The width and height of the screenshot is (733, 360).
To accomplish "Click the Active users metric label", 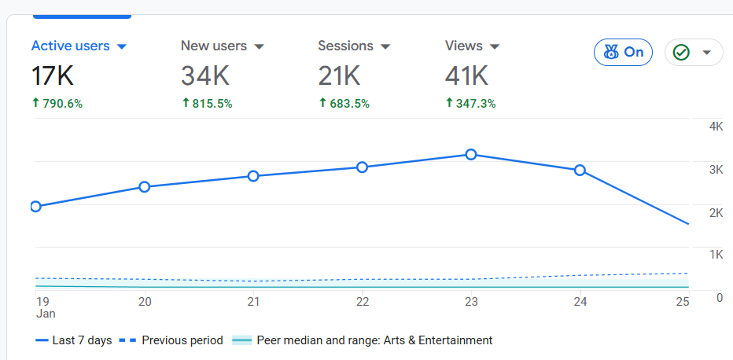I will pyautogui.click(x=70, y=46).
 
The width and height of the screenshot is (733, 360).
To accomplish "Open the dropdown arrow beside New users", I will pyautogui.click(x=259, y=46).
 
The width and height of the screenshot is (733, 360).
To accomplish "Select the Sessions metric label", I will pyautogui.click(x=345, y=46).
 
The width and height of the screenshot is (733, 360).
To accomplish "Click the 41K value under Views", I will pyautogui.click(x=466, y=76).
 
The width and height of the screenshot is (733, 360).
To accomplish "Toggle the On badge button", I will pyautogui.click(x=623, y=53).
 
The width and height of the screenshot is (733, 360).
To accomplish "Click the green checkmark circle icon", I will pyautogui.click(x=681, y=53).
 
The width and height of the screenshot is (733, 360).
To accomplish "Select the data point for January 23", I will pyautogui.click(x=471, y=155).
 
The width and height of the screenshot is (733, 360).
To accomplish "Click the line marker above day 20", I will pyautogui.click(x=145, y=187).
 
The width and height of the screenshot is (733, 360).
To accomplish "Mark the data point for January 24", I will pyautogui.click(x=580, y=170).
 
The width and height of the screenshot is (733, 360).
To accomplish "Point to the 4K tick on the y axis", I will pyautogui.click(x=716, y=127).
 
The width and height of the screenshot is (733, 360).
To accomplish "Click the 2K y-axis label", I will pyautogui.click(x=716, y=212).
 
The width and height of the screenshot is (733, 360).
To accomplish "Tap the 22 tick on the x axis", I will pyautogui.click(x=363, y=302).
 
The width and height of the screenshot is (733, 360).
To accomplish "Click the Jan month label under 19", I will pyautogui.click(x=45, y=314).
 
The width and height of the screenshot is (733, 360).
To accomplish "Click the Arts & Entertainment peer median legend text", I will pyautogui.click(x=374, y=340).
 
